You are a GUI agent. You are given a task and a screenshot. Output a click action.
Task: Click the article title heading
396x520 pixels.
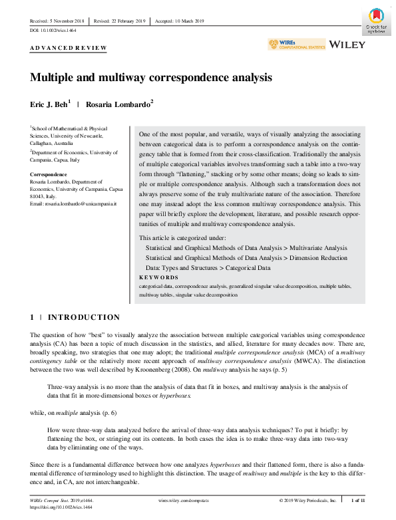pyautogui.click(x=151, y=77)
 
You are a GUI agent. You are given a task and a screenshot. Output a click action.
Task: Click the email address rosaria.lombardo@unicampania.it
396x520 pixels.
pyautogui.click(x=71, y=203)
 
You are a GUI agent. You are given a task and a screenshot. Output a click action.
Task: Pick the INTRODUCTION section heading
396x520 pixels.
pyautogui.click(x=84, y=317)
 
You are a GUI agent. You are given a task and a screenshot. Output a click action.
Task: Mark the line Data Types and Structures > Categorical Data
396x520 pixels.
pyautogui.click(x=208, y=267)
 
